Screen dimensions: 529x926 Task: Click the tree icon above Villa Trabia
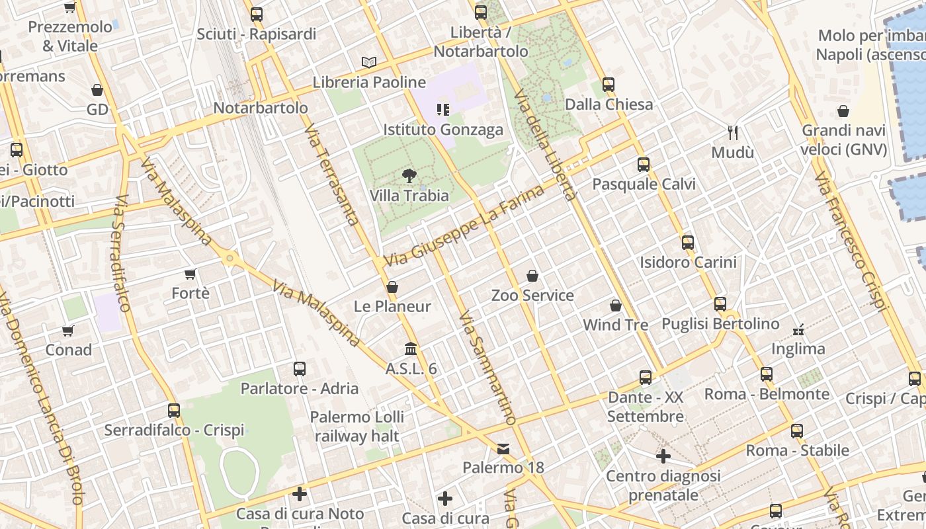click(x=409, y=176)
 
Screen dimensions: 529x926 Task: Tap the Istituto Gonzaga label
click(x=442, y=130)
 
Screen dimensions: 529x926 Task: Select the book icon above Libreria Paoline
click(x=369, y=62)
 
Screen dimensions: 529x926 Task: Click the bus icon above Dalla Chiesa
click(x=609, y=85)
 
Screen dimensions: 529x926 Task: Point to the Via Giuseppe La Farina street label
click(x=465, y=226)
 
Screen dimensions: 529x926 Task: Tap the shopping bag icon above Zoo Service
click(x=532, y=276)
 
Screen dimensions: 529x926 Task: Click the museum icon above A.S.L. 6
click(x=411, y=348)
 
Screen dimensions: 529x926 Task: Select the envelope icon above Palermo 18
click(x=503, y=449)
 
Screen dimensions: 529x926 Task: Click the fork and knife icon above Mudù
click(x=732, y=133)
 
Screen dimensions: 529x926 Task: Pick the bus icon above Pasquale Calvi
click(x=644, y=165)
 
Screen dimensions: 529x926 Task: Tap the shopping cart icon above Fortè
click(x=190, y=274)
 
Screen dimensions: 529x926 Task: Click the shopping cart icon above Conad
click(x=68, y=330)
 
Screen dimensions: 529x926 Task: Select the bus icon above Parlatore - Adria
click(x=300, y=369)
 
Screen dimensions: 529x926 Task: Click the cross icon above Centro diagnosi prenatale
click(x=663, y=456)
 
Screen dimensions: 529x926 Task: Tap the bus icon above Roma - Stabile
click(x=797, y=431)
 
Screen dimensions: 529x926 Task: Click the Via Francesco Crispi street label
click(x=851, y=242)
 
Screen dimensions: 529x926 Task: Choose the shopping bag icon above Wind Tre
click(x=616, y=305)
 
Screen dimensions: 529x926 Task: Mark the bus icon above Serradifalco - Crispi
click(x=174, y=411)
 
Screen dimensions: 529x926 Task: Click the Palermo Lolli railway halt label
click(x=357, y=427)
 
